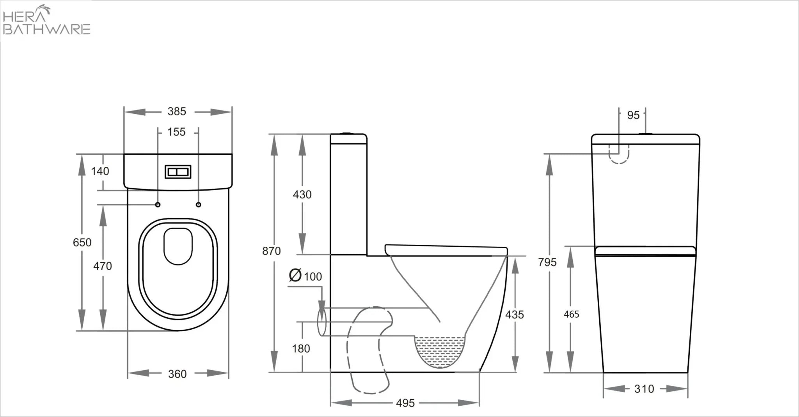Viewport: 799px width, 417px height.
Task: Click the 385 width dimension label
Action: point(177,111)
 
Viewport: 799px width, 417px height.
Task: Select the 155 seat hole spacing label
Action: point(176,132)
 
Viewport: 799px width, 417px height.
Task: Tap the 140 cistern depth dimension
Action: point(100,171)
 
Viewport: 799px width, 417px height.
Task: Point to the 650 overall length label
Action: point(82,242)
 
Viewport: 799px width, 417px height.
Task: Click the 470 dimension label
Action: point(102,266)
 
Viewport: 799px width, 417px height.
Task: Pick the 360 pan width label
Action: point(177,374)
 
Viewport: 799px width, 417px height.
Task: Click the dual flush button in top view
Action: point(178,172)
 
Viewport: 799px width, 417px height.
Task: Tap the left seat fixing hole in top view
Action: point(158,205)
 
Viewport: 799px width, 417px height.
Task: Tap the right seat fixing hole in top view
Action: point(199,205)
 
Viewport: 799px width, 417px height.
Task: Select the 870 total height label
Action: point(271,251)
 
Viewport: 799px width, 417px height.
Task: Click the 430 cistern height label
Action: point(302,194)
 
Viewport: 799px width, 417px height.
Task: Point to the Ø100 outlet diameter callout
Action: point(305,276)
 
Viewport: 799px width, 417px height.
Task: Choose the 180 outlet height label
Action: point(301,348)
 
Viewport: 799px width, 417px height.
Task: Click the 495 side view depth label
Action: point(405,403)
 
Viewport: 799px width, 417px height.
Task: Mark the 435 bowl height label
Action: point(514,315)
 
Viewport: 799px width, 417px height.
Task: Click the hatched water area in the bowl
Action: point(440,351)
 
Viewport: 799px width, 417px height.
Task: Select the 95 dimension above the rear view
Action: point(633,115)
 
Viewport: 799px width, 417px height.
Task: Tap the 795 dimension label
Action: point(547,262)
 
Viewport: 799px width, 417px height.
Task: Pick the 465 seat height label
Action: point(571,314)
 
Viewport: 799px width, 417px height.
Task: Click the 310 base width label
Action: point(644,389)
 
